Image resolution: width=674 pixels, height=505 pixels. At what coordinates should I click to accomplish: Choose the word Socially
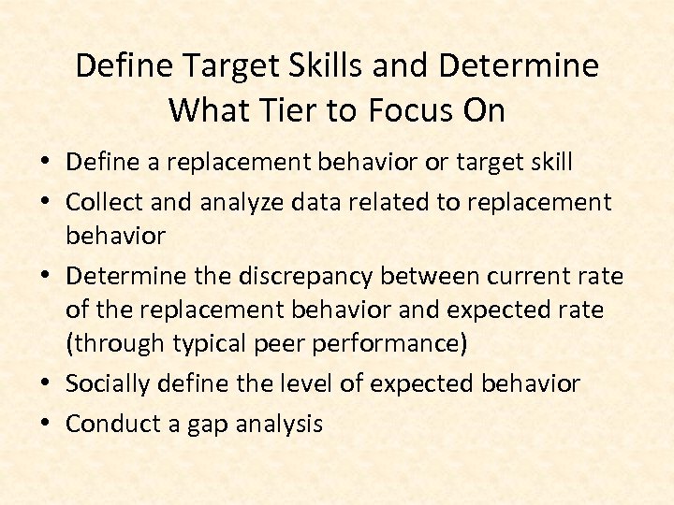click(107, 383)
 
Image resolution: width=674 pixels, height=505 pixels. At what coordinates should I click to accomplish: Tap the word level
click(286, 383)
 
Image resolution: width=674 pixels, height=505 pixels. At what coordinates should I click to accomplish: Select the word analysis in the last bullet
click(272, 424)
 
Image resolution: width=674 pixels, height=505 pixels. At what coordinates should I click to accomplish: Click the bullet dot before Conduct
click(47, 424)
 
